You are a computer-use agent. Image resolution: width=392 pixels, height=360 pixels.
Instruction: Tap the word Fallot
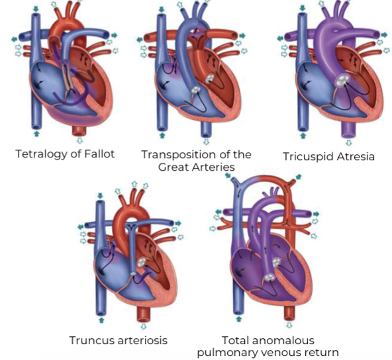(x=99, y=154)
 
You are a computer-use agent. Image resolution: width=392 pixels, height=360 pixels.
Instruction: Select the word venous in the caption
(x=279, y=353)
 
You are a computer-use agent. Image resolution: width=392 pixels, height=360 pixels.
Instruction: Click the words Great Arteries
(x=197, y=167)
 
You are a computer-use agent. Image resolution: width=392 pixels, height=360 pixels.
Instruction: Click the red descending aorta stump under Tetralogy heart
(x=79, y=130)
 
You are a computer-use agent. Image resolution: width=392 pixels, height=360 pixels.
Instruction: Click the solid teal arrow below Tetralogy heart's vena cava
(x=36, y=134)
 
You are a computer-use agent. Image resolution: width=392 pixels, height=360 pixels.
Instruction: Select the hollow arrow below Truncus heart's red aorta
(x=144, y=326)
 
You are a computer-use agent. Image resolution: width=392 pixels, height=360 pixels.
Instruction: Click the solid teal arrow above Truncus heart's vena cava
(x=100, y=195)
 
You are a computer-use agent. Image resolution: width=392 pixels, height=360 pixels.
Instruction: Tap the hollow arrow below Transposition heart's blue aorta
(x=206, y=142)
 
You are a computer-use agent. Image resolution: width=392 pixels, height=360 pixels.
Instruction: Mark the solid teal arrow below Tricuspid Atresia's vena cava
(x=303, y=136)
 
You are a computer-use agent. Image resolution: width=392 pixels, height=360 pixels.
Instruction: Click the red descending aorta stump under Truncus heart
(x=143, y=314)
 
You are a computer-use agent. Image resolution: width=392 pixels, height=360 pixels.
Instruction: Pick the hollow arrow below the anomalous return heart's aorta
(x=289, y=325)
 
